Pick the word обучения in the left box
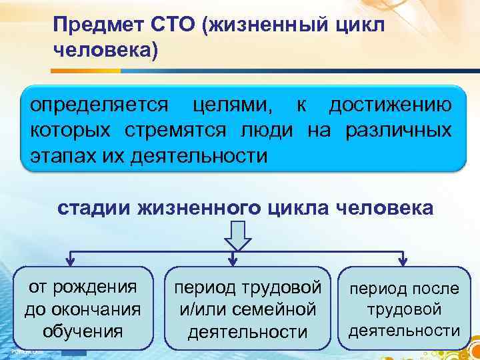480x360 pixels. pos(82,331)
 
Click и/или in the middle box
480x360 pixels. pos(196,309)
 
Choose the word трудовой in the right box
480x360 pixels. pos(404,309)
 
